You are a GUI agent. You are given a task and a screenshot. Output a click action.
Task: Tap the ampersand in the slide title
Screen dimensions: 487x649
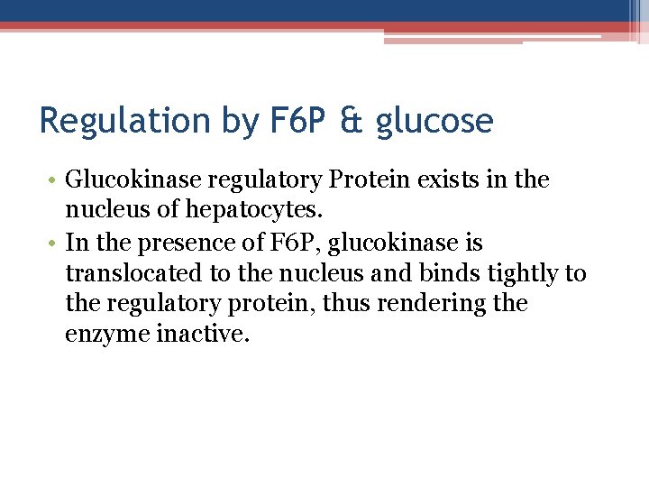pos(352,121)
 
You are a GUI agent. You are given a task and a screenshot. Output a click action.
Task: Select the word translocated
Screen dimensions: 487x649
pos(134,274)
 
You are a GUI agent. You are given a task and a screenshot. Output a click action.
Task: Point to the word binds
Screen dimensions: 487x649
pos(460,274)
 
